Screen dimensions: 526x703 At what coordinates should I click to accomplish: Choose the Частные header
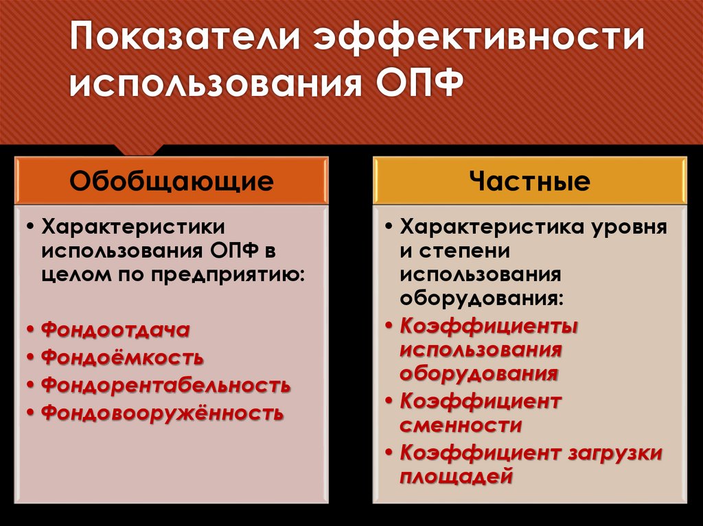[529, 181]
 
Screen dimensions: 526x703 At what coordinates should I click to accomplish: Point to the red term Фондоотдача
[115, 330]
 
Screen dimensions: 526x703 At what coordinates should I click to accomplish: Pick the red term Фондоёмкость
[122, 357]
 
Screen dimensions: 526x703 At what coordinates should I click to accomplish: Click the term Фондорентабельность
[165, 385]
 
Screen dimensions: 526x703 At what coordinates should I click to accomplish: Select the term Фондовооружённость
[162, 413]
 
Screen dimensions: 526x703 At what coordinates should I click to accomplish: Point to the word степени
[461, 251]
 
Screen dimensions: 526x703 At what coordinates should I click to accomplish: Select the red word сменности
[461, 425]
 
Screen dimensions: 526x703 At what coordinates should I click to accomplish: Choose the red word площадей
[457, 475]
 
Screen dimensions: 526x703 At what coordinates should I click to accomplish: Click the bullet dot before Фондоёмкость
[32, 358]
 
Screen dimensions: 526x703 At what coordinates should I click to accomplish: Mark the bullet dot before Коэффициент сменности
[390, 400]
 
